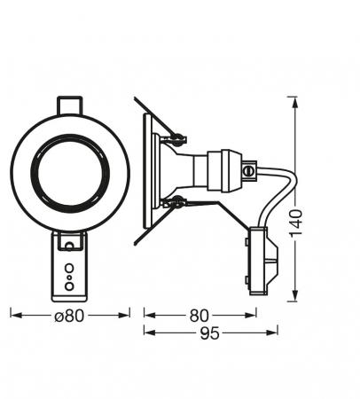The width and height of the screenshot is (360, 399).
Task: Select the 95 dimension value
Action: (x=209, y=333)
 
